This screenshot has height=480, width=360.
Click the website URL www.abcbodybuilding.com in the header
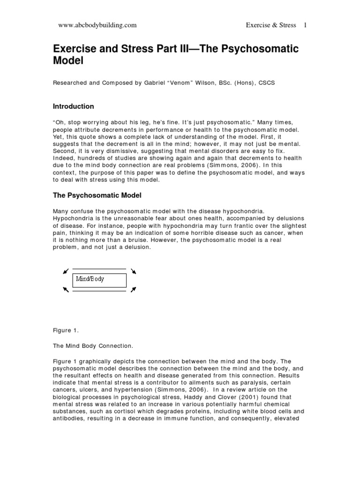pos(97,25)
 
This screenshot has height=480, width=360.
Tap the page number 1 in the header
pos(305,25)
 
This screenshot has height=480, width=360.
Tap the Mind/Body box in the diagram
pos(100,280)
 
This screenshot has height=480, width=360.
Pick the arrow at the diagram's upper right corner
pos(134,271)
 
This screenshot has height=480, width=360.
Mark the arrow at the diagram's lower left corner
pos(65,290)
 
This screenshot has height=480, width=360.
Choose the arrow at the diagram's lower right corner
pos(134,290)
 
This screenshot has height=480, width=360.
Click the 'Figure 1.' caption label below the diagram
pos(66,330)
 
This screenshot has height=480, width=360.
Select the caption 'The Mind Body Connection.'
pos(93,346)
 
